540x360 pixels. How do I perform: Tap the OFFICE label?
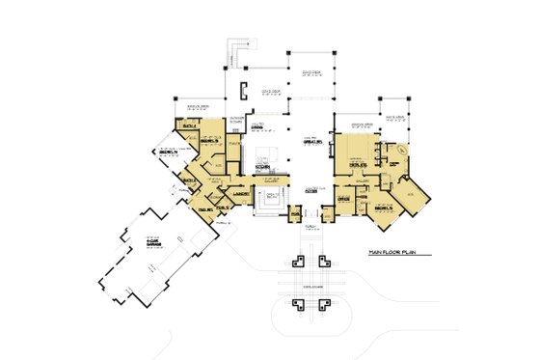coord(343,200)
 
